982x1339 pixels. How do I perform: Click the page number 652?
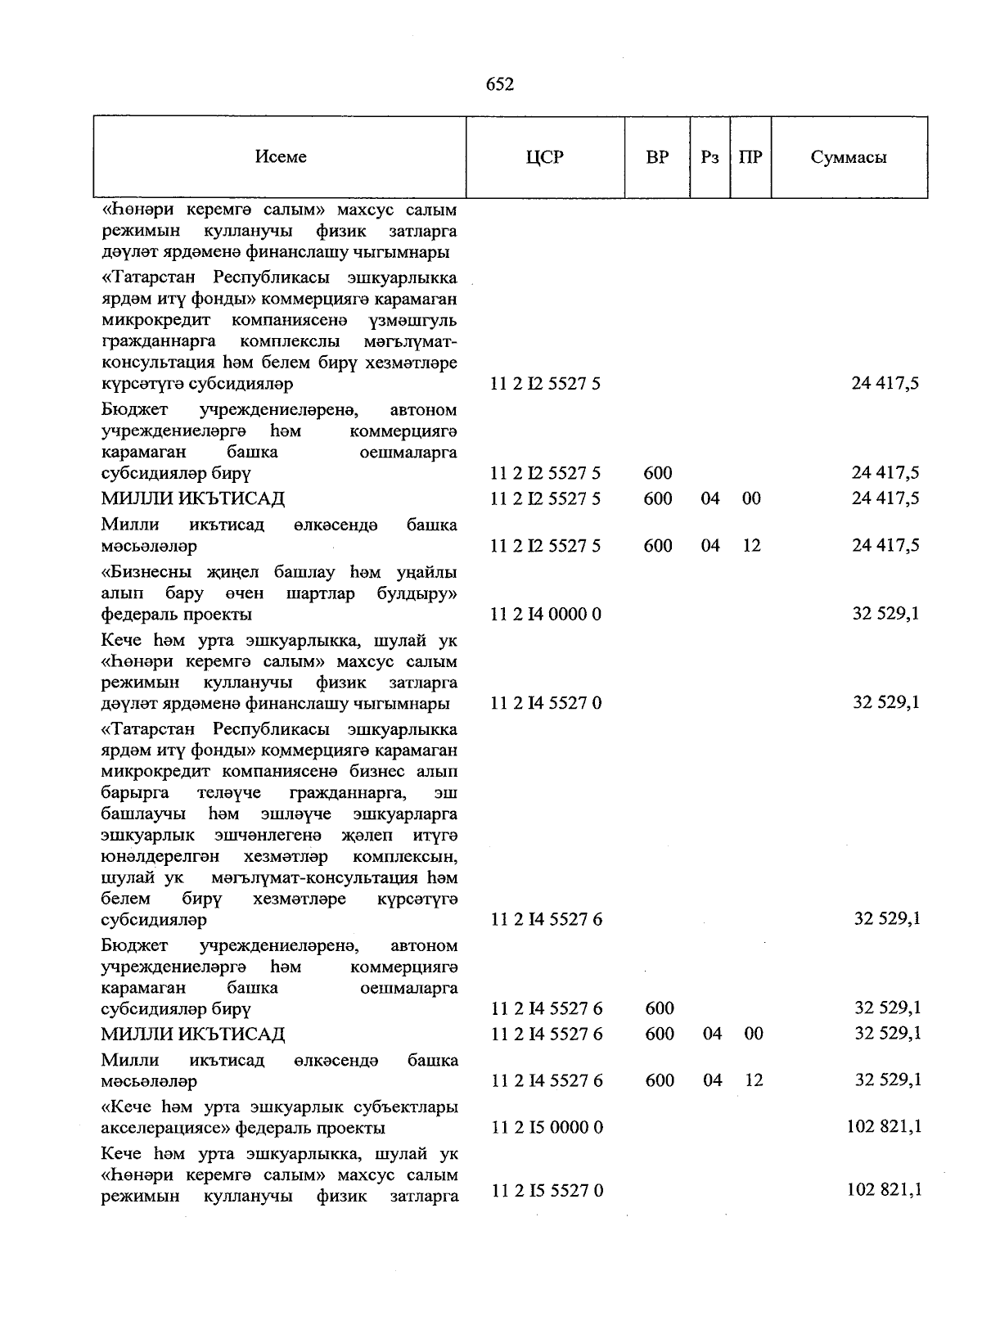click(x=499, y=84)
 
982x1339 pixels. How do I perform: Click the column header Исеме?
click(x=281, y=157)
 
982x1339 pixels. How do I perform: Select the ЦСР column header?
click(x=545, y=157)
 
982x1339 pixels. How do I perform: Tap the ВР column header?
click(x=657, y=157)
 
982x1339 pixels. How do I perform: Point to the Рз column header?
click(x=709, y=157)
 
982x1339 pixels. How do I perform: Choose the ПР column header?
click(x=750, y=157)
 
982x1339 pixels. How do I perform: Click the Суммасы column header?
click(x=849, y=157)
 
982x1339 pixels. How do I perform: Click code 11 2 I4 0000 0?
click(x=546, y=614)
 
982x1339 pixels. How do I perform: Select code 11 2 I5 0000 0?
click(x=547, y=1127)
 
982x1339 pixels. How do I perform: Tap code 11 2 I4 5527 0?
click(x=546, y=702)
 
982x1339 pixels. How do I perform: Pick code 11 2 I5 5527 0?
click(x=547, y=1191)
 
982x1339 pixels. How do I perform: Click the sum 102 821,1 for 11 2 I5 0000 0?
click(x=885, y=1126)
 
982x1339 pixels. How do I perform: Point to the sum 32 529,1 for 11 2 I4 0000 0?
click(x=886, y=613)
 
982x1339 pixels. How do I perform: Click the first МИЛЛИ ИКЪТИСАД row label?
click(x=193, y=498)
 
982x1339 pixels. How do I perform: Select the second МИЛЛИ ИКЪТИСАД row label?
click(x=193, y=1034)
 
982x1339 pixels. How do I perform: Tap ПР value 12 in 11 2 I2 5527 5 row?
click(x=752, y=545)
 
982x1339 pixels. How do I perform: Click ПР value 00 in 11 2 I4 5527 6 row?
click(x=754, y=1034)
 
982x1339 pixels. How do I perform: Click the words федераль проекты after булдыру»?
click(x=177, y=614)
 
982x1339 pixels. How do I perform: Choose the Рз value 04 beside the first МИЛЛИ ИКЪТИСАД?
click(x=710, y=498)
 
